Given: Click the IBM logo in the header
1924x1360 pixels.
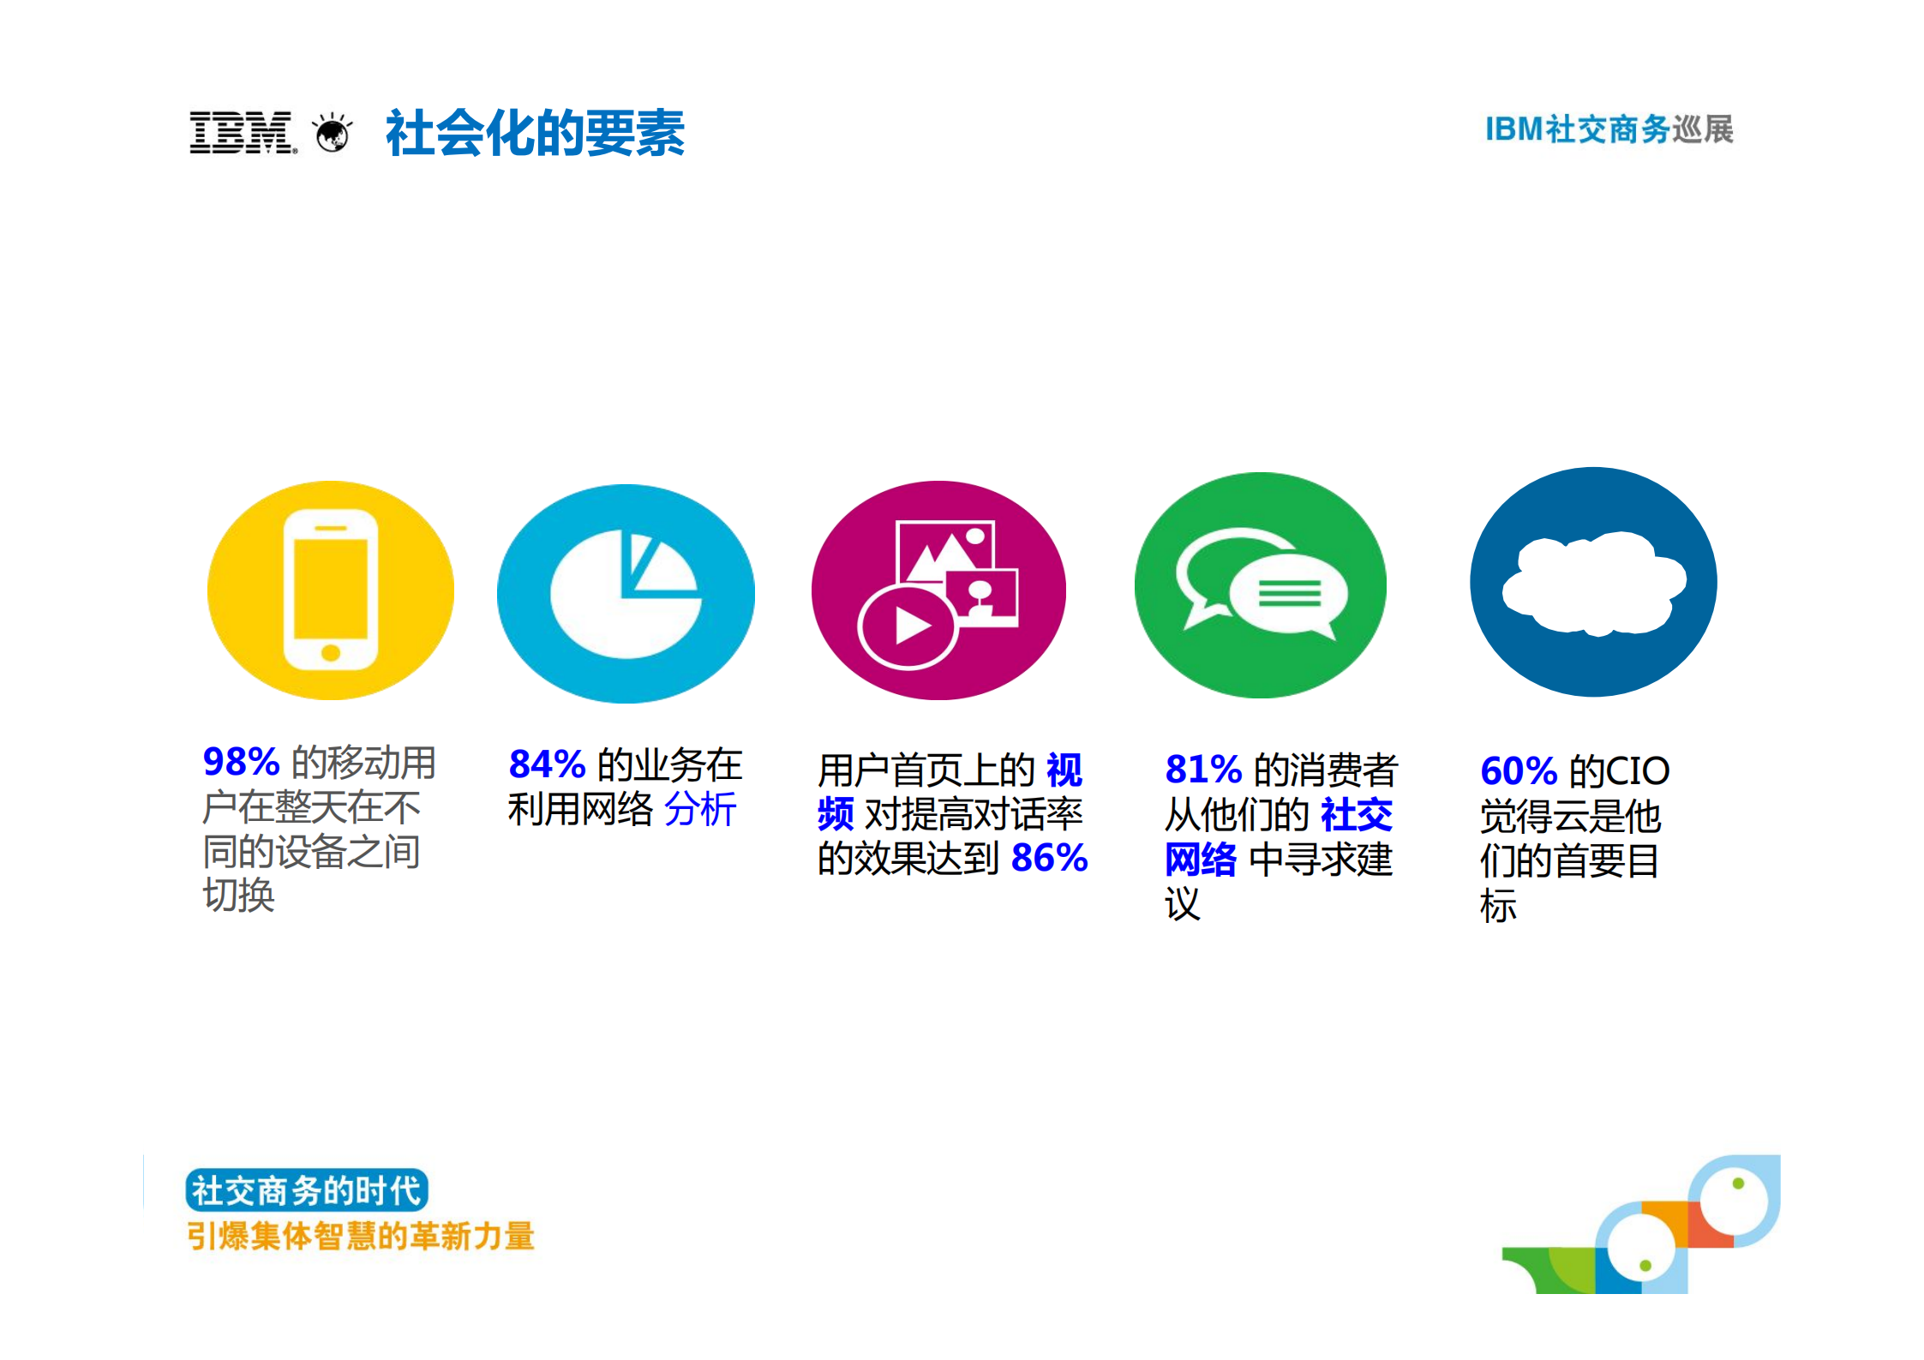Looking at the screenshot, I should click(x=243, y=133).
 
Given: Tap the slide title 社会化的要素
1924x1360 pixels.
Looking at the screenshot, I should click(x=535, y=134).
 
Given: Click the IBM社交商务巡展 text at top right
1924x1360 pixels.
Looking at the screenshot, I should click(x=1609, y=129).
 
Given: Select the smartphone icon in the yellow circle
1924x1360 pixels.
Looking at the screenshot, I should click(x=331, y=590).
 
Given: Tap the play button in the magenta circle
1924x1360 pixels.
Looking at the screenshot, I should click(x=909, y=627).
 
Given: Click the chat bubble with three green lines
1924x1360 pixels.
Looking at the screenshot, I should click(x=1289, y=592).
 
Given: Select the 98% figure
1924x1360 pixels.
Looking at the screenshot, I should click(x=241, y=761).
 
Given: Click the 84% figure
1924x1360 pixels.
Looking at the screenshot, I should click(x=547, y=764).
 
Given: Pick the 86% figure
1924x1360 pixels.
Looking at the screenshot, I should click(x=1049, y=857).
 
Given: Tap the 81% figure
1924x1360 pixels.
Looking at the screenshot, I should click(x=1203, y=769).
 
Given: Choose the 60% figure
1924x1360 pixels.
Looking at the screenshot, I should click(x=1519, y=770).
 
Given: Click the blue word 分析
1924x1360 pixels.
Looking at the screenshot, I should click(x=700, y=809).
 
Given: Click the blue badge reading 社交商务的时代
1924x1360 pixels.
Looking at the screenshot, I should click(x=306, y=1190).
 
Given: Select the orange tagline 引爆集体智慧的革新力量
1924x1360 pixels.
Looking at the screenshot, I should click(x=361, y=1236).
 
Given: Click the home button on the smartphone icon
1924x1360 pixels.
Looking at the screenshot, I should click(x=331, y=653).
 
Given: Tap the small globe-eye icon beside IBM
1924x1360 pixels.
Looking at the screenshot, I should click(x=333, y=134).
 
